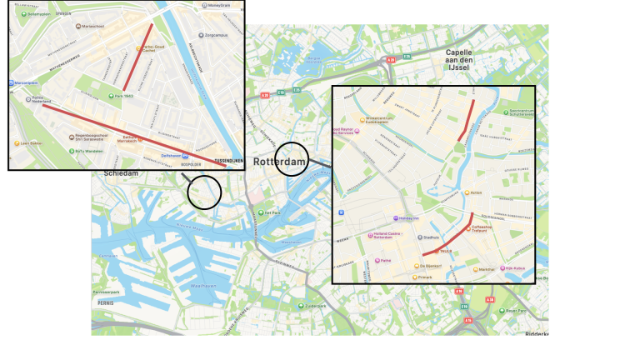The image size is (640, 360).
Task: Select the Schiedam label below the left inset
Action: click(121, 173)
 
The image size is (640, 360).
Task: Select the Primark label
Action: click(425, 277)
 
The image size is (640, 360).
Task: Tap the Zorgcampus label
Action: click(216, 36)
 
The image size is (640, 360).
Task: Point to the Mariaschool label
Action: click(92, 26)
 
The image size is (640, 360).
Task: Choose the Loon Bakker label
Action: click(32, 143)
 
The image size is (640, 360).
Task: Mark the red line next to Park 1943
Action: click(137, 57)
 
